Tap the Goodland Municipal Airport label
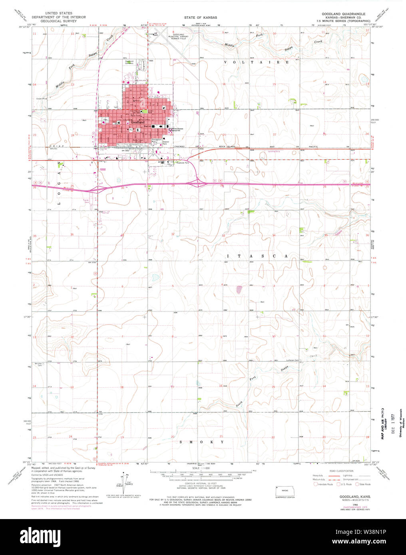[178, 36]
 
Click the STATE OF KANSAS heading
[200, 18]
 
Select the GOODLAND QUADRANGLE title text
[343, 14]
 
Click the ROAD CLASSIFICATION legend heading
[342, 472]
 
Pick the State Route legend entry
[363, 484]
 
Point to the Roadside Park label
[181, 163]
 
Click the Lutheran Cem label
[292, 360]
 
